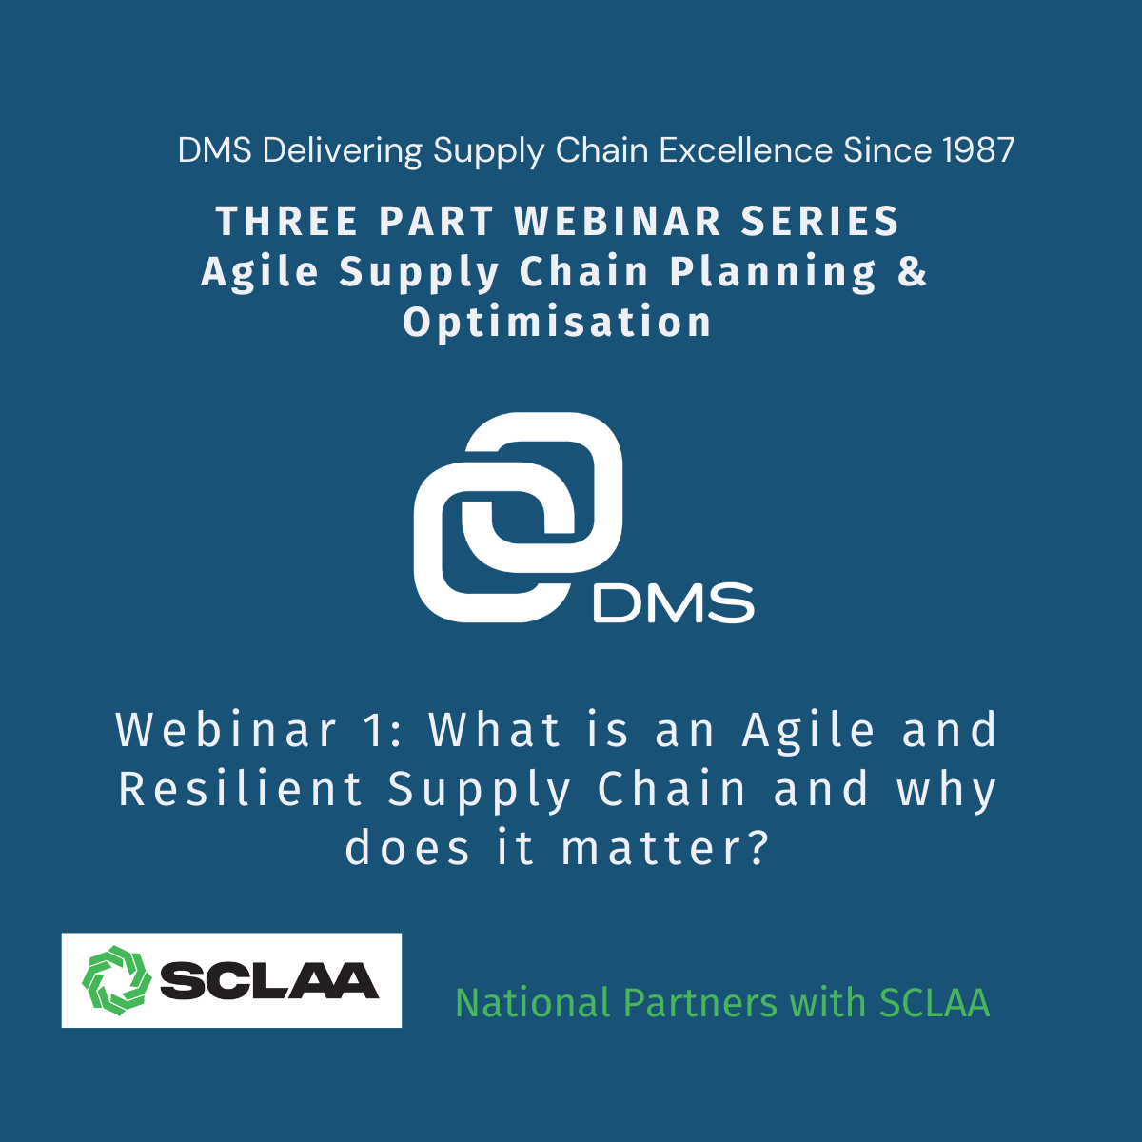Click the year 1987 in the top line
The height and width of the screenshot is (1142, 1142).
click(978, 150)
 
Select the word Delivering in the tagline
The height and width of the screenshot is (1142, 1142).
click(342, 150)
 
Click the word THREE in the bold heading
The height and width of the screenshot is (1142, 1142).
click(286, 221)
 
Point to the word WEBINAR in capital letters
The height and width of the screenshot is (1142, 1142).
click(618, 221)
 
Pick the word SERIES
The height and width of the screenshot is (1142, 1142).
click(819, 221)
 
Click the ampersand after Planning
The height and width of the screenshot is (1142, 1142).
click(912, 271)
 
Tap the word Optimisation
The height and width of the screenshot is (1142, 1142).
click(557, 323)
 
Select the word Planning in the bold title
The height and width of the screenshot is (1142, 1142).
click(773, 272)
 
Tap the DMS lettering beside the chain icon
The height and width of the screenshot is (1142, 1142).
click(673, 602)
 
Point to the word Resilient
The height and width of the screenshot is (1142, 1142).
click(241, 789)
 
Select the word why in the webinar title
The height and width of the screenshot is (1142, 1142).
click(946, 792)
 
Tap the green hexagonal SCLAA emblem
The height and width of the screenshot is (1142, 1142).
click(117, 980)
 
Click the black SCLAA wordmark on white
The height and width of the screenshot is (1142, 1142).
click(269, 981)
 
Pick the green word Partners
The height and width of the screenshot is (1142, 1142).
click(699, 1003)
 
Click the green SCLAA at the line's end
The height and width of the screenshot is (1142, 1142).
click(934, 1003)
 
